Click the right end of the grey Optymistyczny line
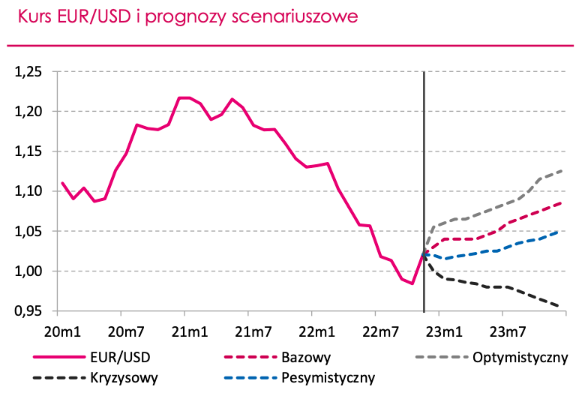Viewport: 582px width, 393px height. click(x=562, y=170)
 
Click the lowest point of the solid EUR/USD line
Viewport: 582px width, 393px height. click(x=412, y=283)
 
